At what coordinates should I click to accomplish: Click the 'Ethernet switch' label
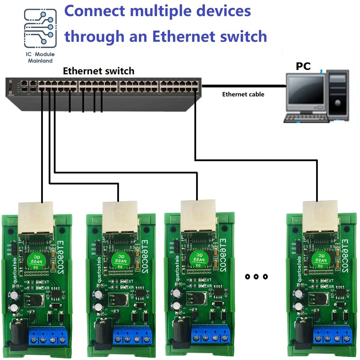[99, 71]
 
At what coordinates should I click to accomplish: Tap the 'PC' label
[303, 66]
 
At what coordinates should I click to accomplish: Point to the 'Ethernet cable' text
[243, 94]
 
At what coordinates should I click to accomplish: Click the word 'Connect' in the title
[94, 11]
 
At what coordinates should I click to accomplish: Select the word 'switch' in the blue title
[242, 36]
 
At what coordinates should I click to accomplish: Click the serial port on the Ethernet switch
[10, 87]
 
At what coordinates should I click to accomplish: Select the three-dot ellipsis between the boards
[256, 276]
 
